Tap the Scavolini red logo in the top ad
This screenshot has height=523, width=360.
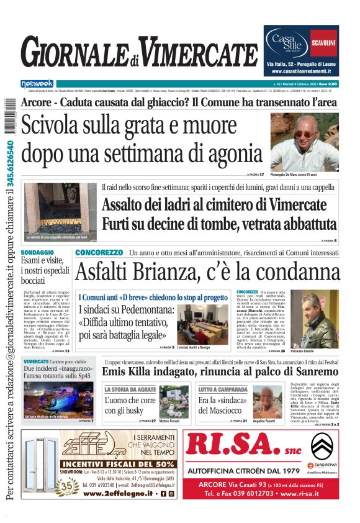(323, 43)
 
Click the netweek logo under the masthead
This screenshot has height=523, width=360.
(37, 83)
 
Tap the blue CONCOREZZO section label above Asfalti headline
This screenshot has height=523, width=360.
(99, 253)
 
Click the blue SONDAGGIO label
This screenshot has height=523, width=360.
(37, 253)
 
